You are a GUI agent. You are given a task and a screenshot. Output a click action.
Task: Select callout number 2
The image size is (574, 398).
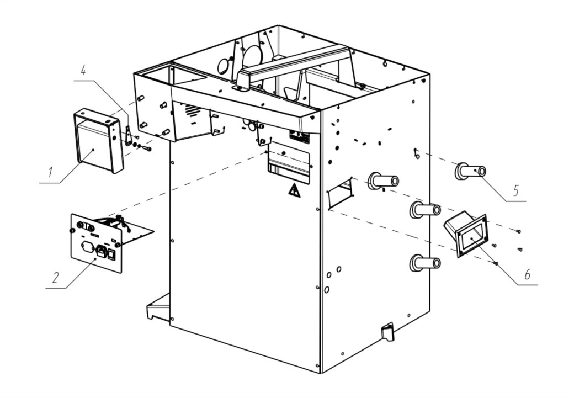[55, 277]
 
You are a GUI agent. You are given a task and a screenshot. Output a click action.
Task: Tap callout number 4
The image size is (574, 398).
[83, 70]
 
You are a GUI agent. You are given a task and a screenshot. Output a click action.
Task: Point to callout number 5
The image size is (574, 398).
[515, 190]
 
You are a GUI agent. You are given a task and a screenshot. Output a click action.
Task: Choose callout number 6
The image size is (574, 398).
[528, 274]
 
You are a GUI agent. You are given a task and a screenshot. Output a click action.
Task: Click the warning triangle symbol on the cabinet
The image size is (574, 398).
[294, 191]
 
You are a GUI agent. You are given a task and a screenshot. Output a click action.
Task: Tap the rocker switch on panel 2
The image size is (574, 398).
[112, 254]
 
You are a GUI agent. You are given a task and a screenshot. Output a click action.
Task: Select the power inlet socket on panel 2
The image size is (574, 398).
[100, 252]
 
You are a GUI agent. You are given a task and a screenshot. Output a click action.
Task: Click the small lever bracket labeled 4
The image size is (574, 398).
[128, 135]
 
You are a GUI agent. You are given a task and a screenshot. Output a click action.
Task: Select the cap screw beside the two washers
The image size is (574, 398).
[147, 148]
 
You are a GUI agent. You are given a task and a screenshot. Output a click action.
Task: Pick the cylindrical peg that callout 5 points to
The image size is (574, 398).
[470, 171]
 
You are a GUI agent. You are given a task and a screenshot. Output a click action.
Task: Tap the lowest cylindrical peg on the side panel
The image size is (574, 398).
[424, 263]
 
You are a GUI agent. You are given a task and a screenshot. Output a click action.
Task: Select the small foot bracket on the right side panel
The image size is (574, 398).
[387, 331]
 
